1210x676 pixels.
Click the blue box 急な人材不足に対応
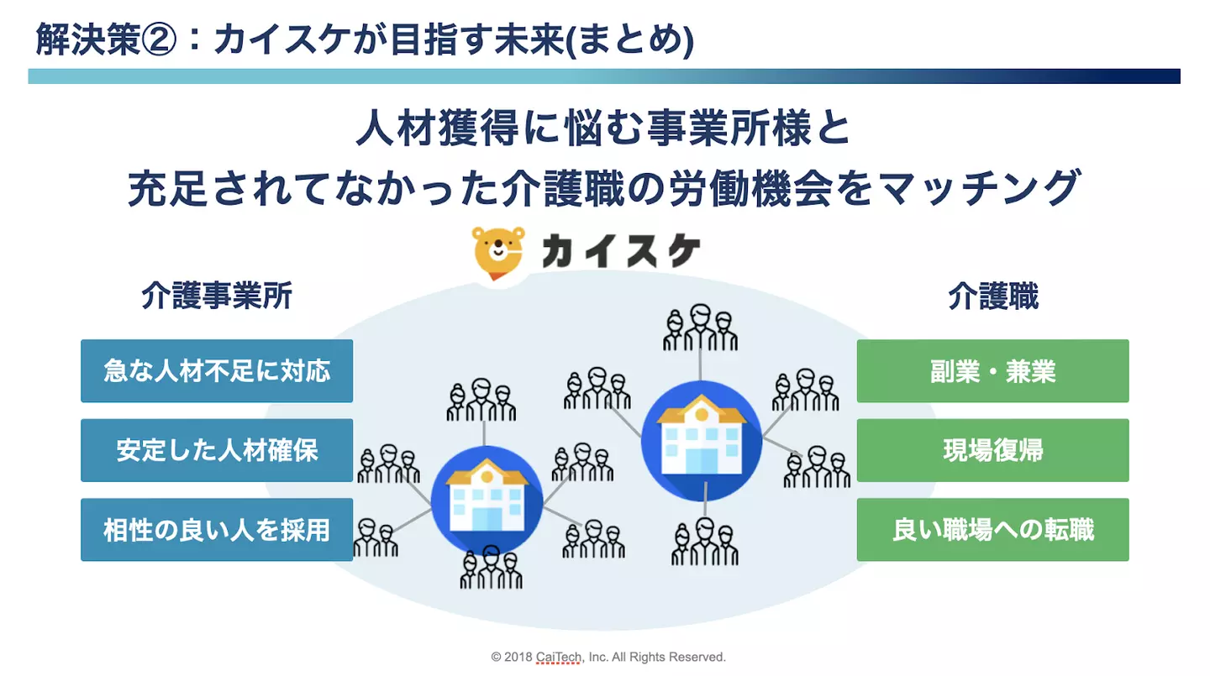[217, 371]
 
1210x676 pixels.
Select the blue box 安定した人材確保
[217, 450]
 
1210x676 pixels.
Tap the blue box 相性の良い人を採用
[217, 530]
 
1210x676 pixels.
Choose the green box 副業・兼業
[993, 371]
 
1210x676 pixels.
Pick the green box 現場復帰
[993, 450]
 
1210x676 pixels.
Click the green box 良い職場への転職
[993, 530]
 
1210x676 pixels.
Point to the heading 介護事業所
[217, 296]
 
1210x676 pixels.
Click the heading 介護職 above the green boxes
[993, 296]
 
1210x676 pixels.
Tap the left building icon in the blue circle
[487, 500]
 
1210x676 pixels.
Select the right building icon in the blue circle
[701, 441]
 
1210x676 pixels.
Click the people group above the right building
[700, 328]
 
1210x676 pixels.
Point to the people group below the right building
[704, 541]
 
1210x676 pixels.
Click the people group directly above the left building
[481, 400]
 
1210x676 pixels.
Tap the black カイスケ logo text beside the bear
[621, 251]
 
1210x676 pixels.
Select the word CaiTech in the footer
[559, 657]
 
